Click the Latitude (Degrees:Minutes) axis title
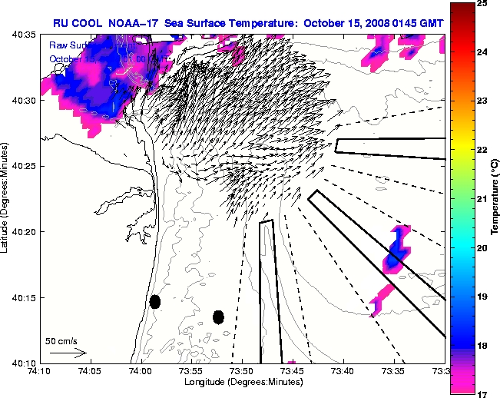[x=5, y=198]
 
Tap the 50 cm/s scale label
[x=61, y=340]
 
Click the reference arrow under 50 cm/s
[x=68, y=353]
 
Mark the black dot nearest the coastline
[x=155, y=301]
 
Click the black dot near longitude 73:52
[x=218, y=317]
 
